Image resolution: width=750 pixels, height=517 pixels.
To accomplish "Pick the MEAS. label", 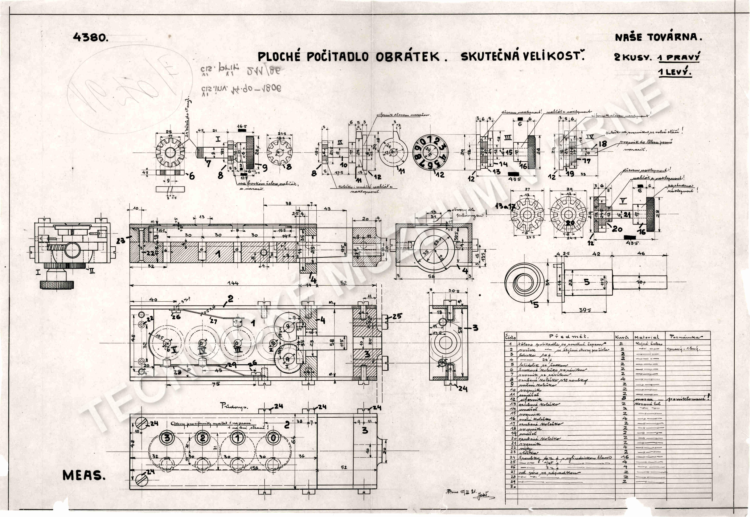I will (84, 475).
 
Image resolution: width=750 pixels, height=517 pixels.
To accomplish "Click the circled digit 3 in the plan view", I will (167, 438).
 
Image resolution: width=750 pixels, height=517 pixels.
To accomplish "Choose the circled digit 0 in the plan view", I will (274, 438).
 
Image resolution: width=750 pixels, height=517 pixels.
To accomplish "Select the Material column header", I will (646, 337).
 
